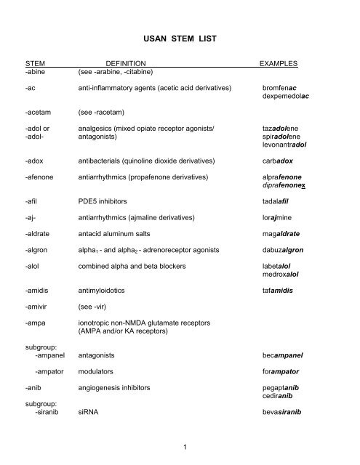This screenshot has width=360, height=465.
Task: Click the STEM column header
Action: tap(36, 64)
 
